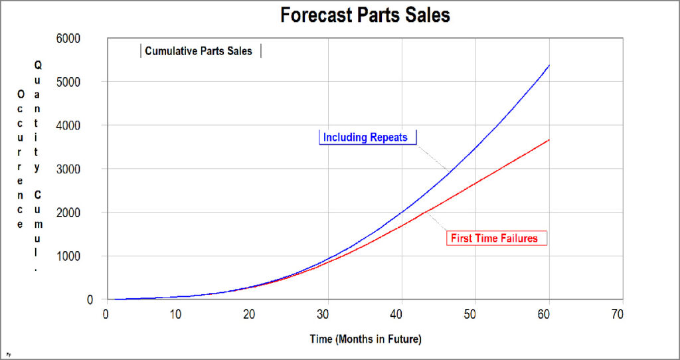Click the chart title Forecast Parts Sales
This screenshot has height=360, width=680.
(x=365, y=15)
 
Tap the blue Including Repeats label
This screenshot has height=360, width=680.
(x=367, y=137)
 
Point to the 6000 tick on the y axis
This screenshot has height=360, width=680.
(x=86, y=39)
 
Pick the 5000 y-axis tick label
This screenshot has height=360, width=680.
(x=86, y=82)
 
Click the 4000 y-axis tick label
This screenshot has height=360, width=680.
(x=86, y=126)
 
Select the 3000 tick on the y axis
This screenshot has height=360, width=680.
(x=86, y=169)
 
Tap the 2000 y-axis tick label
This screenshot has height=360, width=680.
(x=86, y=213)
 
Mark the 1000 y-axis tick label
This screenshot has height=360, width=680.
(x=86, y=256)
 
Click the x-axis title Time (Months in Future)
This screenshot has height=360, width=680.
(x=365, y=339)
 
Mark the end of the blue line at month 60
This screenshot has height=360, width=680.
(x=549, y=65)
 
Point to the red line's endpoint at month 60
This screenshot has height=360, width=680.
(x=549, y=139)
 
